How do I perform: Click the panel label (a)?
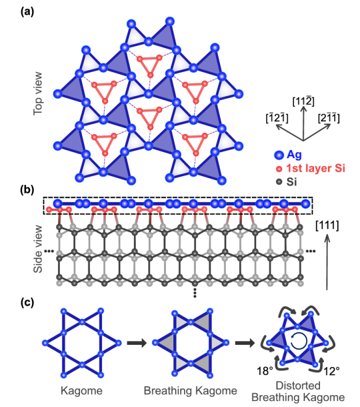(x=27, y=12)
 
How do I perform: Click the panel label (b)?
(x=27, y=189)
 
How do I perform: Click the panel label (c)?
(x=27, y=302)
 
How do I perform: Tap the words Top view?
(x=38, y=93)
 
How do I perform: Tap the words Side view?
(x=38, y=249)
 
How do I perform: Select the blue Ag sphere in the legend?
(x=279, y=155)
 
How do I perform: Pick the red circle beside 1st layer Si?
(x=279, y=169)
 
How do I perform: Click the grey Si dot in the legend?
(x=279, y=181)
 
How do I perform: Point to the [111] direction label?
(x=327, y=225)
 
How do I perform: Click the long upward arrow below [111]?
(x=327, y=262)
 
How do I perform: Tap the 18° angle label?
(x=265, y=371)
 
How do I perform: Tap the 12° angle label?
(x=331, y=371)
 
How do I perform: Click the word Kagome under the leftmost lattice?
(x=81, y=390)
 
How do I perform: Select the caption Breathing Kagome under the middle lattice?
(x=191, y=390)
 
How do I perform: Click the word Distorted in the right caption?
(x=298, y=386)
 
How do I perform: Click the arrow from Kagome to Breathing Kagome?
(x=137, y=343)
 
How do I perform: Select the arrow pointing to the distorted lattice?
(x=245, y=343)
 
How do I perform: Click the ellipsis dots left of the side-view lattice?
(x=49, y=251)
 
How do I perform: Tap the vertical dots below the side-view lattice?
(x=195, y=293)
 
